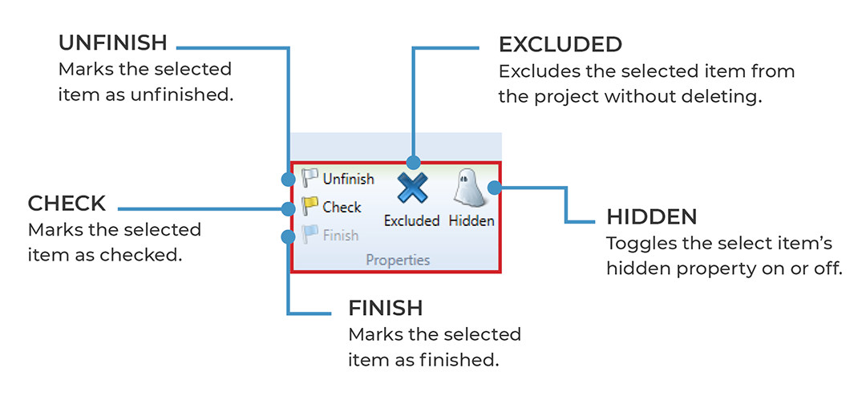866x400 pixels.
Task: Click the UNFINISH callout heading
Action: [x=113, y=42]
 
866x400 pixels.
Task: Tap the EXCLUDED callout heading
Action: [x=560, y=44]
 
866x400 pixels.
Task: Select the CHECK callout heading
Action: [x=67, y=203]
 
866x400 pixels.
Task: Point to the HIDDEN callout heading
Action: [x=651, y=217]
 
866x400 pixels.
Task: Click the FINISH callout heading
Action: [x=385, y=308]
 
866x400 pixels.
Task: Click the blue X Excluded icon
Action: [x=412, y=191]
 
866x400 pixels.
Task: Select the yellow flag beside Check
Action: [x=310, y=207]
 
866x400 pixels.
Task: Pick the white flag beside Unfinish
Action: [x=310, y=178]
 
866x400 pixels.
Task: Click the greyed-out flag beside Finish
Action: [x=310, y=235]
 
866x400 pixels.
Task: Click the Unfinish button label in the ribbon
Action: [x=348, y=179]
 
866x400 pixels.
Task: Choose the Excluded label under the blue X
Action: [x=411, y=220]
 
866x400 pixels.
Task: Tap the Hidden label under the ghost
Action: [x=471, y=220]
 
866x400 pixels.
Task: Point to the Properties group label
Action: [x=398, y=260]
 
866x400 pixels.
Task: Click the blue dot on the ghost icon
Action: [x=496, y=188]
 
